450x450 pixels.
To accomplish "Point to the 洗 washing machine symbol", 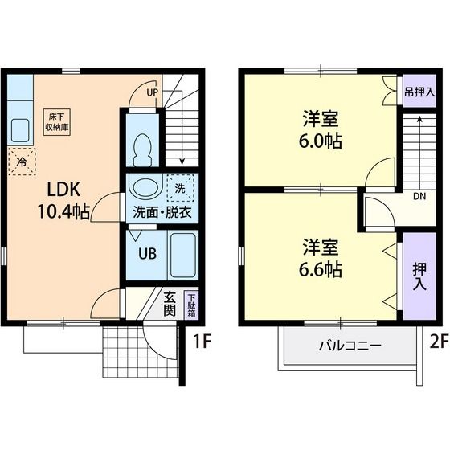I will [180, 188].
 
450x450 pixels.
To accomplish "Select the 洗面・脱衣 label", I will [162, 213].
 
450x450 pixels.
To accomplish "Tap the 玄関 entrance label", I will [170, 304].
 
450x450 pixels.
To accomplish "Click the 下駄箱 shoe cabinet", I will [190, 305].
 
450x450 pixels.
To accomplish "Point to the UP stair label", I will [152, 92].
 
